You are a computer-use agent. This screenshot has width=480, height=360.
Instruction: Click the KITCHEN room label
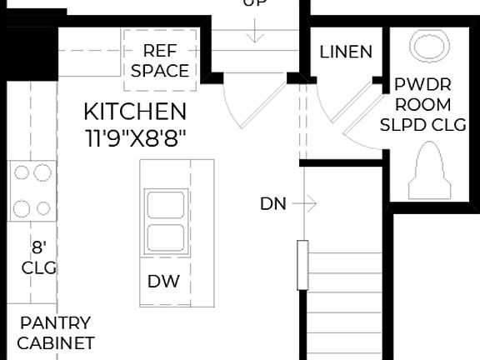pos(135,111)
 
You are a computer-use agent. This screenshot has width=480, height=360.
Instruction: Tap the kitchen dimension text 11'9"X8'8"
pos(135,137)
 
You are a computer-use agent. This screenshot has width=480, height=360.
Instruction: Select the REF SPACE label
pos(160,61)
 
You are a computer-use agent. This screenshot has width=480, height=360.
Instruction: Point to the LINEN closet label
pos(346,52)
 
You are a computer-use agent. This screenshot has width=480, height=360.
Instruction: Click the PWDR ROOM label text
pos(422,94)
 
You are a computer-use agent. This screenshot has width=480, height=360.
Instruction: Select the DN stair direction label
pos(272,203)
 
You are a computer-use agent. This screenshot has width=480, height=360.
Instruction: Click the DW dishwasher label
pos(163,282)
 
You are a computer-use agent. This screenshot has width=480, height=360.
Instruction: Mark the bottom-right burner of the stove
pos(41,207)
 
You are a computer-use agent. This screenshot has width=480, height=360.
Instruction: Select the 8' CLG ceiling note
pos(38,257)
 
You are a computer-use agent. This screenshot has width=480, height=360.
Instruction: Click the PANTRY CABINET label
pos(55,332)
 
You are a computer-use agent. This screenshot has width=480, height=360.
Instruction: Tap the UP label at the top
pos(255,3)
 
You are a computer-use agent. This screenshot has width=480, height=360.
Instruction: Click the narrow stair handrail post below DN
pos(302,266)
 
